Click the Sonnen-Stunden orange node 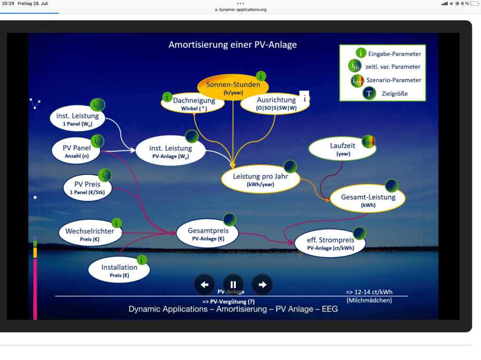pyautogui.click(x=233, y=87)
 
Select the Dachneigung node pyautogui.click(x=190, y=103)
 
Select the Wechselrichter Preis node pyautogui.click(x=89, y=234)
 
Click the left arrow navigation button pyautogui.click(x=204, y=284)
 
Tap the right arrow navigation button pyautogui.click(x=262, y=284)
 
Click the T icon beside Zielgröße pyautogui.click(x=369, y=93)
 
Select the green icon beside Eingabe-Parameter pyautogui.click(x=361, y=54)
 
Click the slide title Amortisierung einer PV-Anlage pyautogui.click(x=233, y=45)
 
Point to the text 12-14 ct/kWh pyautogui.click(x=369, y=292)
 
